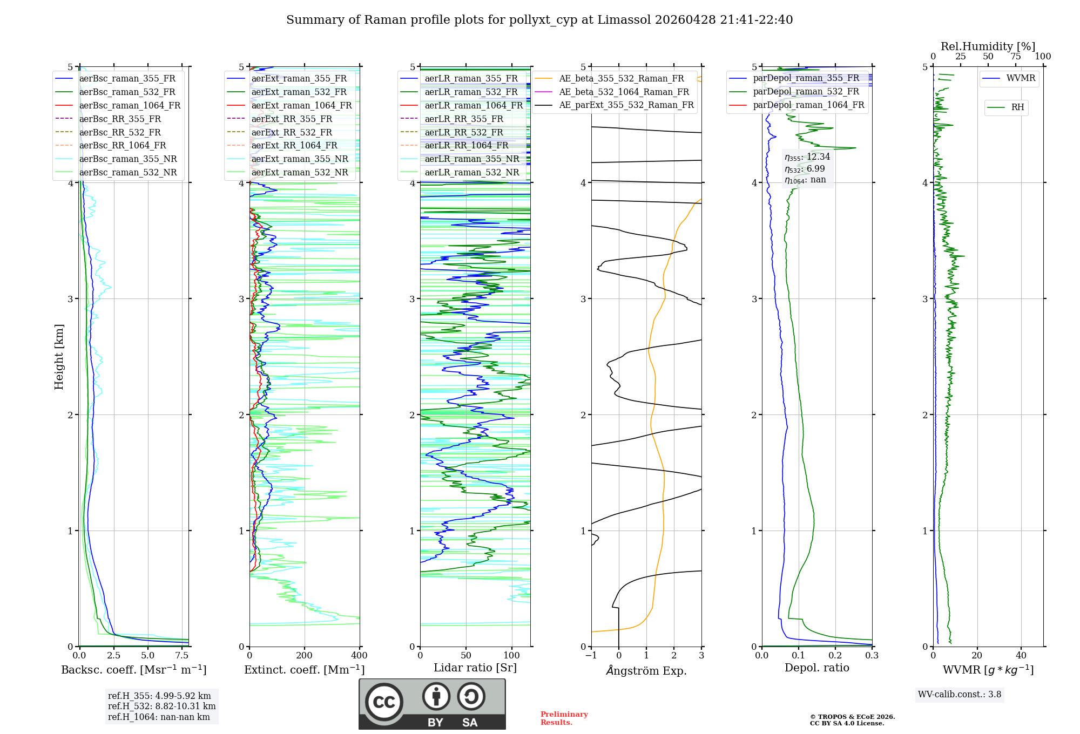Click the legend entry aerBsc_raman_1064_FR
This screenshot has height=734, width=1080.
(x=130, y=105)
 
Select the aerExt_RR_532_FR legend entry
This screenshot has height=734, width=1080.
(x=292, y=132)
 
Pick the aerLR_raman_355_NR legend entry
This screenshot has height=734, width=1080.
(x=471, y=159)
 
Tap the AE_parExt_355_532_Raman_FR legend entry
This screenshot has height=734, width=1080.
(x=626, y=105)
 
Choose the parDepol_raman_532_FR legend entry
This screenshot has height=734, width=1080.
(x=806, y=91)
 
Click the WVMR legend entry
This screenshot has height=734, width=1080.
(x=1021, y=78)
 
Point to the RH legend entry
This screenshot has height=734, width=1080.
(x=1017, y=107)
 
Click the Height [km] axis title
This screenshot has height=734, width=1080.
(x=59, y=357)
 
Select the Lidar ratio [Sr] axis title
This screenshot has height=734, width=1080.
(x=475, y=668)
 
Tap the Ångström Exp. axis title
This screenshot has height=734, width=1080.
(x=646, y=670)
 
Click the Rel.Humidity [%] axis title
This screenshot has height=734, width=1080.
(x=988, y=46)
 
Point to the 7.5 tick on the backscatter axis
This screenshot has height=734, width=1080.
(x=182, y=656)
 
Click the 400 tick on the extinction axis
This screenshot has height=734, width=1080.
(x=359, y=656)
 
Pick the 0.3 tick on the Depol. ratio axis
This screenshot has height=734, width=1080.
(x=872, y=656)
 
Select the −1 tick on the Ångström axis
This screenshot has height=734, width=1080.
(x=591, y=656)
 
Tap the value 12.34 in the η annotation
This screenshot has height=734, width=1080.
(x=818, y=157)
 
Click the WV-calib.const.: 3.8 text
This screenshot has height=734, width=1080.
(x=959, y=695)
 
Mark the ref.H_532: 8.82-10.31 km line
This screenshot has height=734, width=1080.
(x=161, y=706)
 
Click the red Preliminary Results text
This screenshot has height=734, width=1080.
(x=564, y=718)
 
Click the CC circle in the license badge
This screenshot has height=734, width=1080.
(x=384, y=702)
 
